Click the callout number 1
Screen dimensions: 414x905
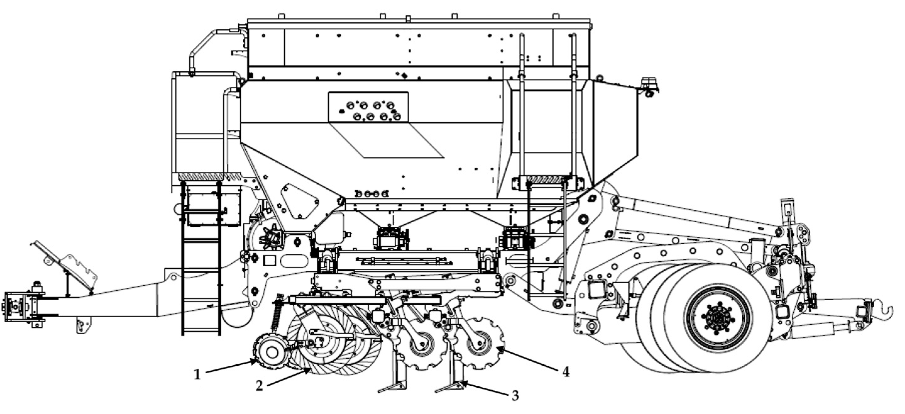coord(198,374)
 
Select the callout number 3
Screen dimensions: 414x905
coord(515,396)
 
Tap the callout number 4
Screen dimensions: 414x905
coord(565,372)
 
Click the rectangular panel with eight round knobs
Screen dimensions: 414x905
coord(368,107)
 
